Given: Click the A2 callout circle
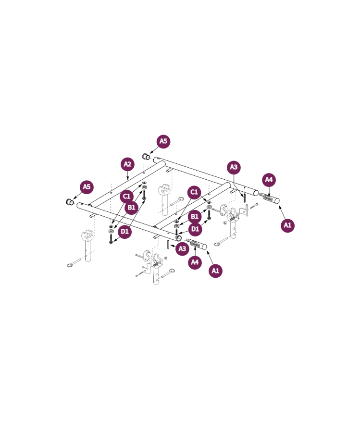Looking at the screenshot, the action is pyautogui.click(x=127, y=164).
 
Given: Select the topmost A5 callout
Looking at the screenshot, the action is pyautogui.click(x=163, y=141).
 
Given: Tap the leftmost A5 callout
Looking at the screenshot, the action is pyautogui.click(x=87, y=187).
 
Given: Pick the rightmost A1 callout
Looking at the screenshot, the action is pyautogui.click(x=287, y=225).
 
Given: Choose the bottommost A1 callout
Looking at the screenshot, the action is pyautogui.click(x=215, y=271).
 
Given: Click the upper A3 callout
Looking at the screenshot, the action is pyautogui.click(x=234, y=167).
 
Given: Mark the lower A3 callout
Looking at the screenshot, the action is pyautogui.click(x=182, y=249).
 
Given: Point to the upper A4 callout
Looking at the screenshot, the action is pyautogui.click(x=269, y=180).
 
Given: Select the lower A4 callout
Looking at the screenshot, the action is pyautogui.click(x=195, y=262).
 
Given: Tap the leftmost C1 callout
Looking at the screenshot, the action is pyautogui.click(x=126, y=197).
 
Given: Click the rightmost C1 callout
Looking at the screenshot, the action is pyautogui.click(x=194, y=192).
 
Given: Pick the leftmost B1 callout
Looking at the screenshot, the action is pyautogui.click(x=131, y=208).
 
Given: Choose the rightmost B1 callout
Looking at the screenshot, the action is pyautogui.click(x=195, y=217).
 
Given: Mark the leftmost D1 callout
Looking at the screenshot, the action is pyautogui.click(x=124, y=232).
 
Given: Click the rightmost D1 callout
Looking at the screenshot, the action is pyautogui.click(x=195, y=229).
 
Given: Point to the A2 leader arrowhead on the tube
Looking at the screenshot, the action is pyautogui.click(x=128, y=178).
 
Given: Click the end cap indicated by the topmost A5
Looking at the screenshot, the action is pyautogui.click(x=146, y=156).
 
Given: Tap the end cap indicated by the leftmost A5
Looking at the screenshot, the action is pyautogui.click(x=70, y=202).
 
